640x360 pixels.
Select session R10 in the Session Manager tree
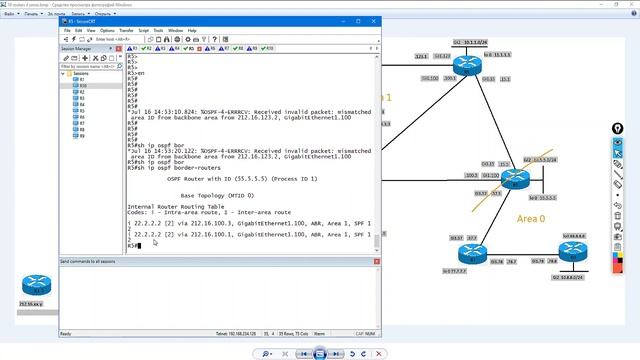82,86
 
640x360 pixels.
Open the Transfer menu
127,30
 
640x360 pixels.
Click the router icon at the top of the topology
466,66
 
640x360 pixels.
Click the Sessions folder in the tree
81,73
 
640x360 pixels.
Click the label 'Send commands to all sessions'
94,260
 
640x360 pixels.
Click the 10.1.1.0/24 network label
470,42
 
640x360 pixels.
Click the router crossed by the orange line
514,180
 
